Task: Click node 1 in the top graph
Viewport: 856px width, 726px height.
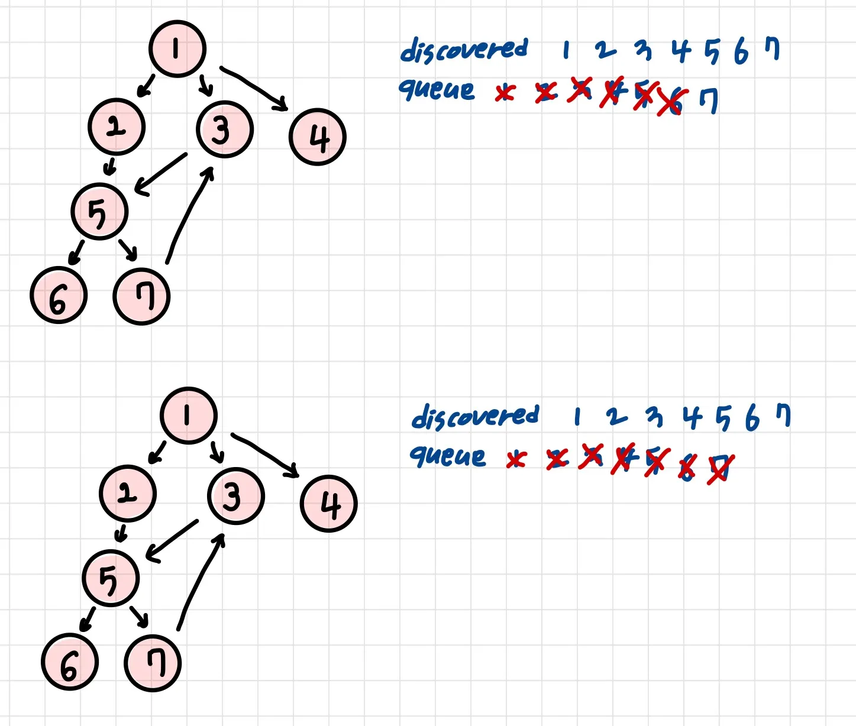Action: tap(177, 48)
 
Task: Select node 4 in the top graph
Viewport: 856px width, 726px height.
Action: tap(318, 137)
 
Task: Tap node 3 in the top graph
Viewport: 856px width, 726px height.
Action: tap(224, 129)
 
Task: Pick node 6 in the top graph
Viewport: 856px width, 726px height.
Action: tap(58, 296)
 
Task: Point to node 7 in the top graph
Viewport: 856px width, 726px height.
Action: tap(141, 296)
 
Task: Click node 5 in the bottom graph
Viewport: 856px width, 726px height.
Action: tap(111, 578)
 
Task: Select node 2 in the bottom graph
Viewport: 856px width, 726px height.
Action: tap(128, 493)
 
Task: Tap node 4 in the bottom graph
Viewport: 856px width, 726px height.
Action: tap(329, 504)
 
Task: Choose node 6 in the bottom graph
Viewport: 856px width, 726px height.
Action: tap(69, 662)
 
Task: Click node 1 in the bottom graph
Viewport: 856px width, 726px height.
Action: tap(188, 415)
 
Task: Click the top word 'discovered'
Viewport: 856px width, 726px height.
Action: tap(463, 49)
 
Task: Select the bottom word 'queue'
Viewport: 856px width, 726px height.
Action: tap(448, 456)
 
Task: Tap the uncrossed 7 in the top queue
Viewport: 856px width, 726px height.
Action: tap(708, 101)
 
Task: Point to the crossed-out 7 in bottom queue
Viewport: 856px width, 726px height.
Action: tap(721, 469)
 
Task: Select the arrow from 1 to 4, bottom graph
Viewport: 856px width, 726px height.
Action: tap(265, 454)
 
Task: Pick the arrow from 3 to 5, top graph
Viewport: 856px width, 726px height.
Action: tap(161, 174)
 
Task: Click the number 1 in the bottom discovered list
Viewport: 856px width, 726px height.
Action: tap(577, 417)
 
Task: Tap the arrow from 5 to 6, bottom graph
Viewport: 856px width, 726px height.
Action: tap(87, 620)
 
